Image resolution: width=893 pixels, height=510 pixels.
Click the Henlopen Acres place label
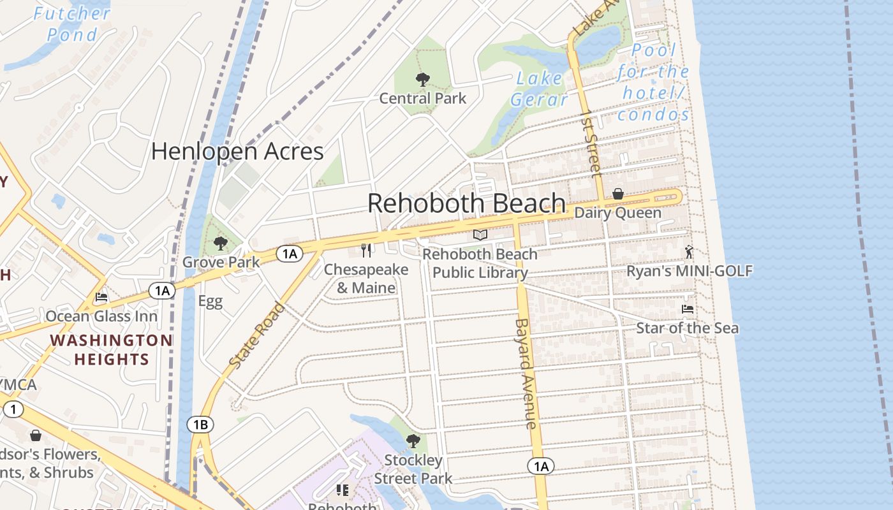click(x=237, y=151)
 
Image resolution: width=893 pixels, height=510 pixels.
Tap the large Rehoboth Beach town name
click(x=466, y=203)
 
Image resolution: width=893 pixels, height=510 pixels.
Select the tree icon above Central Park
click(x=422, y=80)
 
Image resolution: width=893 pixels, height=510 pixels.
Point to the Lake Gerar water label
click(x=539, y=89)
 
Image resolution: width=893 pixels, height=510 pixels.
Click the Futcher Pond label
click(x=72, y=24)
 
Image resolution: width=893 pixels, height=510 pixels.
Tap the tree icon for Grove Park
click(x=221, y=243)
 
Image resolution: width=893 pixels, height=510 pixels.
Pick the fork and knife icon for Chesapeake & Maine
click(x=366, y=250)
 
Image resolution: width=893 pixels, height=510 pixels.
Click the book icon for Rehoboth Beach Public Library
click(x=480, y=235)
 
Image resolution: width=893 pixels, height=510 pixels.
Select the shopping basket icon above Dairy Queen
click(x=617, y=194)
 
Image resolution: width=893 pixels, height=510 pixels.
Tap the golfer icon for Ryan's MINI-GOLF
click(x=689, y=252)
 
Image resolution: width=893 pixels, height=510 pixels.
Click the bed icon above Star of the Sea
click(x=687, y=309)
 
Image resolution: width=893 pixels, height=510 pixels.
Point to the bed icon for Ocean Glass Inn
click(x=101, y=297)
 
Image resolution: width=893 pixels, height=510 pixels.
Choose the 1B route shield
click(x=200, y=425)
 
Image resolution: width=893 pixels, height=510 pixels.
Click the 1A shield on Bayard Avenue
click(x=540, y=467)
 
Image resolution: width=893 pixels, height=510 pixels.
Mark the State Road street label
click(x=257, y=335)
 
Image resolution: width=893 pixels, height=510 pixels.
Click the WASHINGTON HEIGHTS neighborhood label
click(x=111, y=349)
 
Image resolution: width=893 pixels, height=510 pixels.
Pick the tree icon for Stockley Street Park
click(x=413, y=441)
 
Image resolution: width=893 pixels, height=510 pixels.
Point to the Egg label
click(x=210, y=301)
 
